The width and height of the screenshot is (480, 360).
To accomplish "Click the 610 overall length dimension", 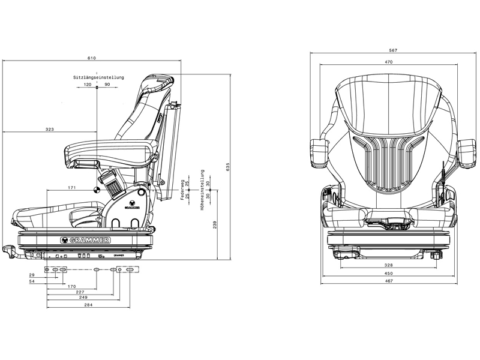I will pyautogui.click(x=91, y=58).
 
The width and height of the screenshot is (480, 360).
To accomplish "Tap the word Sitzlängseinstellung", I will pyautogui.click(x=98, y=77).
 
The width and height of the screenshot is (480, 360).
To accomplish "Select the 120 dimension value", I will pyautogui.click(x=88, y=85).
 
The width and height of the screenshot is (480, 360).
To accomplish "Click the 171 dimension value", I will pyautogui.click(x=71, y=188).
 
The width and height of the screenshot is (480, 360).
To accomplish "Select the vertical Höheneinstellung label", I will pyautogui.click(x=203, y=187).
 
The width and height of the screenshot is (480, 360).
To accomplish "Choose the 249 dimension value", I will pyautogui.click(x=82, y=297).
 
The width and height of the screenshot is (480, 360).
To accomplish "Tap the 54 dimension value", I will pyautogui.click(x=32, y=281).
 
